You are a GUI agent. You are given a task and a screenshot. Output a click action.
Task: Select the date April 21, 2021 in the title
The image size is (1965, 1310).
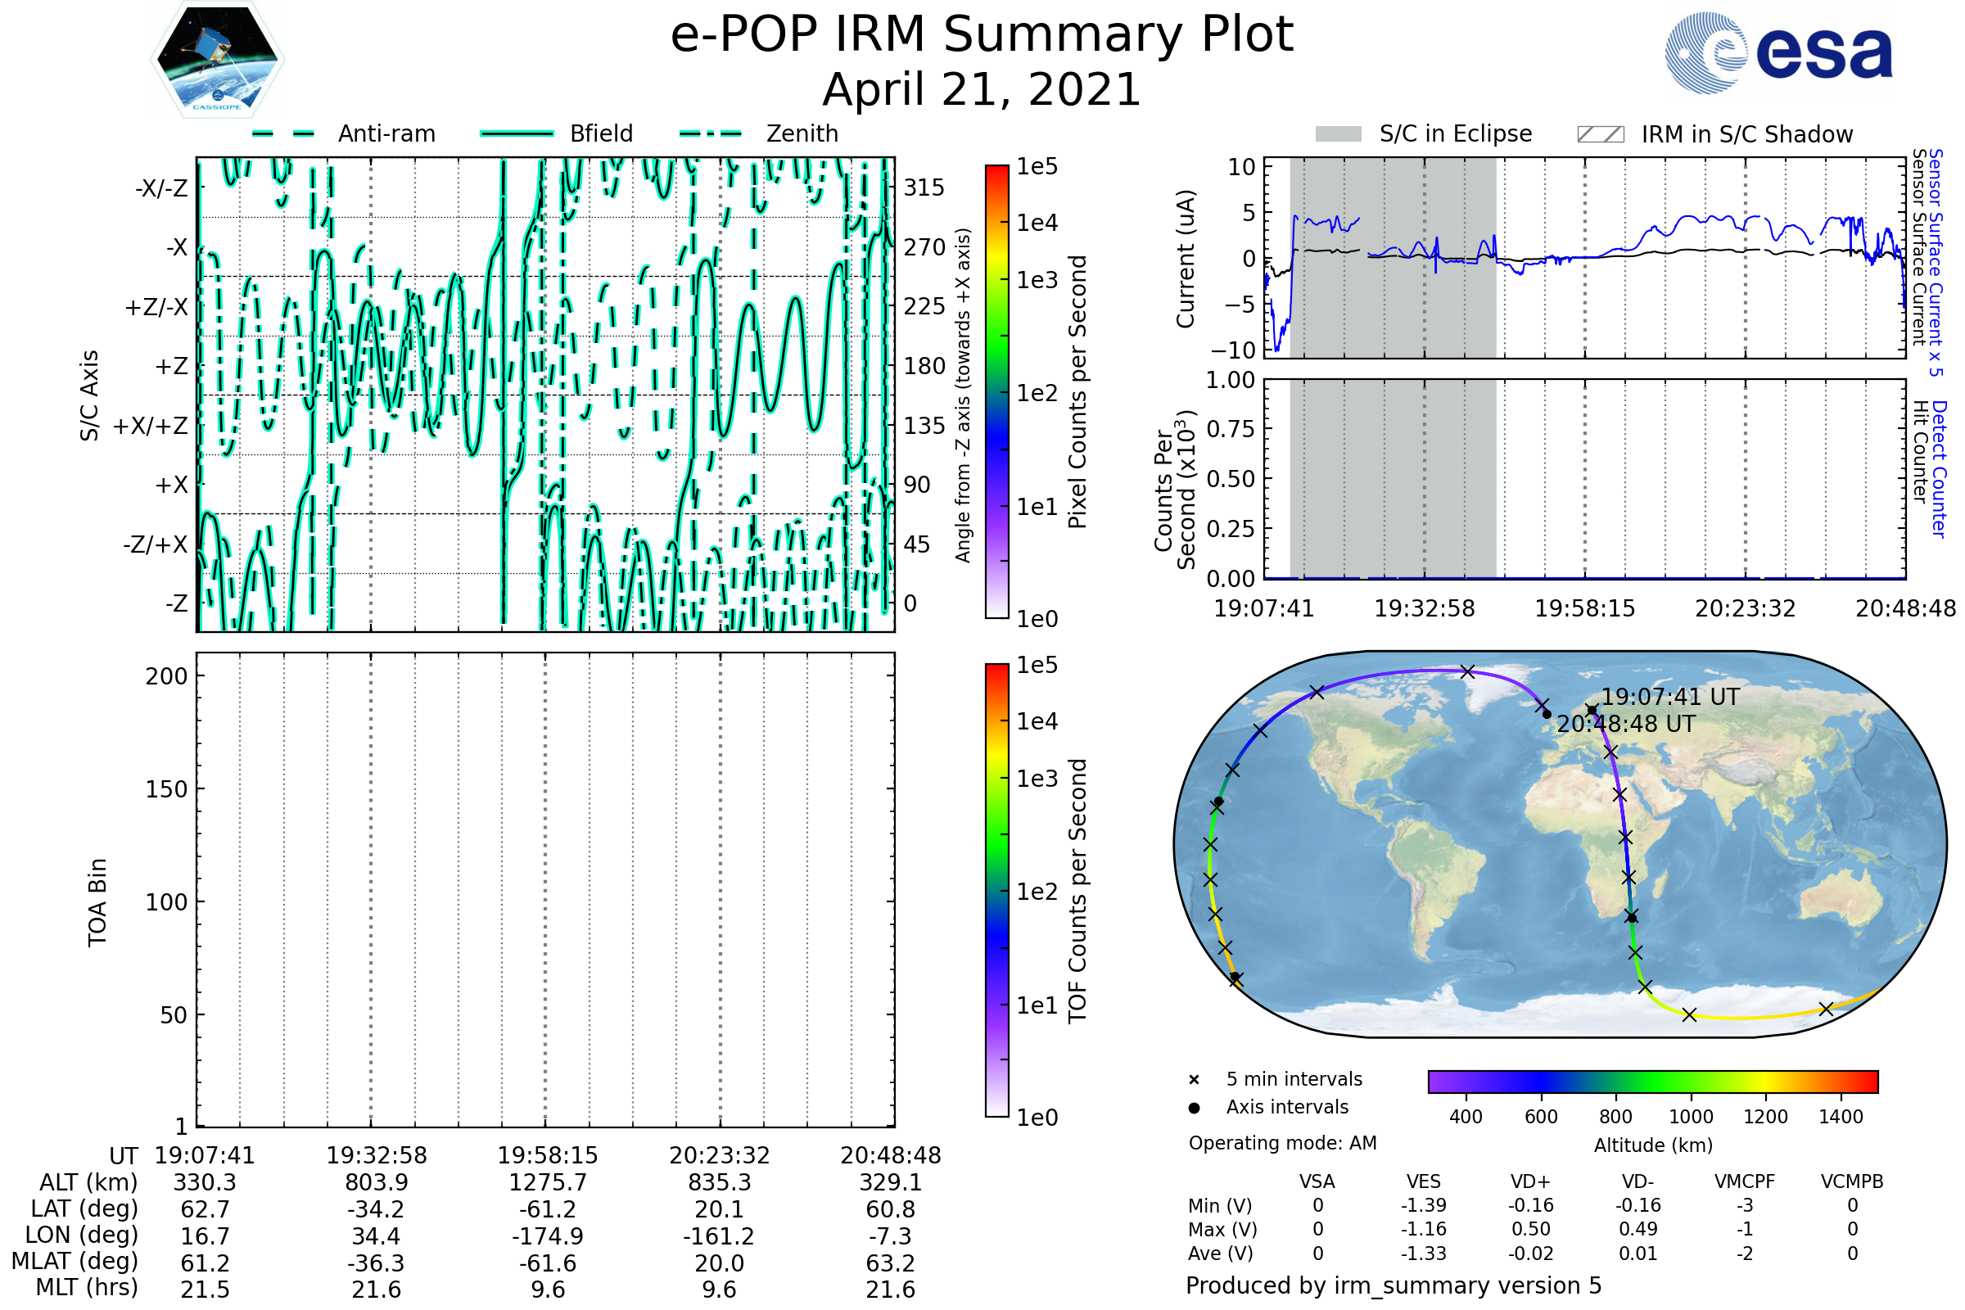pos(982,89)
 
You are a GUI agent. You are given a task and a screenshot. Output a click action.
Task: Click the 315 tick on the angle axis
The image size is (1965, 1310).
pos(924,187)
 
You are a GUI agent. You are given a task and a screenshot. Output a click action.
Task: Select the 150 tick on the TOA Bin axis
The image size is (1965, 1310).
pos(166,789)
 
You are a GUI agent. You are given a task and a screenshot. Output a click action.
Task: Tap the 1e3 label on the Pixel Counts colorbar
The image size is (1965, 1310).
pos(1037,281)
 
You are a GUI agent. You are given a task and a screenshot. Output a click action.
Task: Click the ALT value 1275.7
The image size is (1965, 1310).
pos(548,1183)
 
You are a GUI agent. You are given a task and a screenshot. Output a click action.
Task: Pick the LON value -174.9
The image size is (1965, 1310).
pos(548,1235)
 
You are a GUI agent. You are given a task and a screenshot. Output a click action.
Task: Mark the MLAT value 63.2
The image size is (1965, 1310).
pos(891,1263)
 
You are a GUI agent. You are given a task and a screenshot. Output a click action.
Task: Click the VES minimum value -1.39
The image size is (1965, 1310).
pos(1424,1205)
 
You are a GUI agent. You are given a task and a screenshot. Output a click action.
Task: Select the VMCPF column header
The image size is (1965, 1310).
pos(1745,1181)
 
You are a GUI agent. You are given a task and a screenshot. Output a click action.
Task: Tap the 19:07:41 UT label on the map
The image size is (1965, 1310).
pos(1669,697)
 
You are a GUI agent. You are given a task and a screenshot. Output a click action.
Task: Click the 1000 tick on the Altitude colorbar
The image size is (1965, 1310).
pos(1691,1117)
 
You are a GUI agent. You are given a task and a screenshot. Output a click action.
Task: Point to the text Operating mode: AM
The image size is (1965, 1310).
pos(1282,1143)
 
